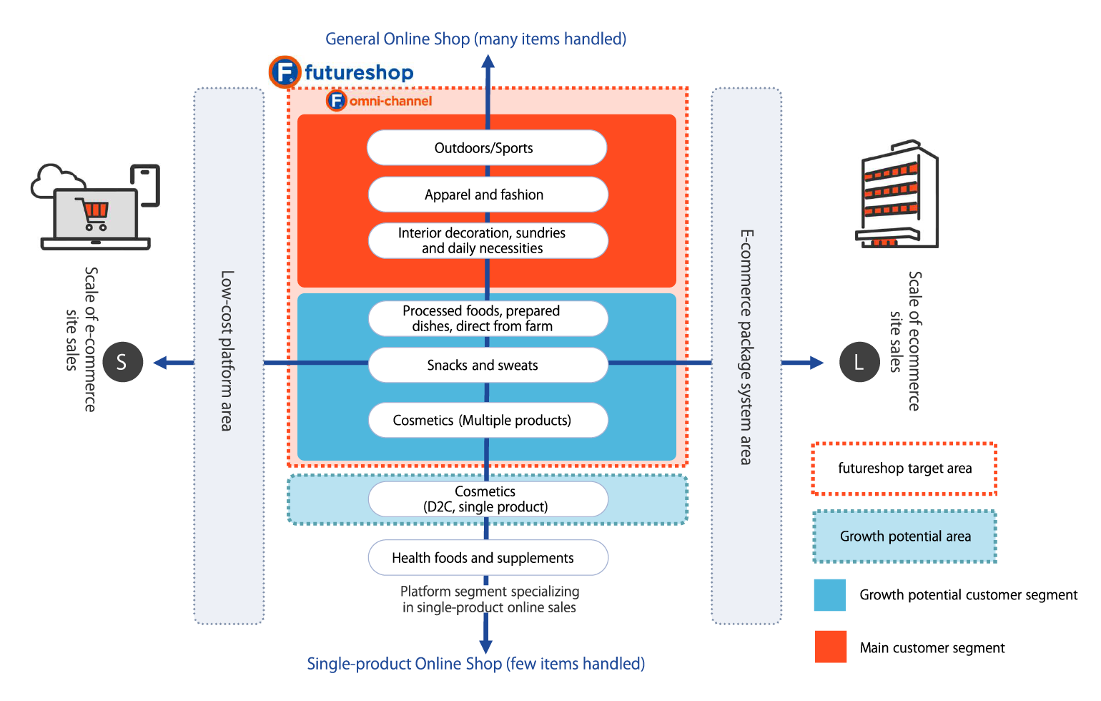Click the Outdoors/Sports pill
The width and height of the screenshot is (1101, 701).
click(487, 148)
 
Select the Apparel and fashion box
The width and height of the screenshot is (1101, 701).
click(488, 195)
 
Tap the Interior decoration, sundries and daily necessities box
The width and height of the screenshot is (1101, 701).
click(488, 241)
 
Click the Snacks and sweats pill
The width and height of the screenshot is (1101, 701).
click(488, 366)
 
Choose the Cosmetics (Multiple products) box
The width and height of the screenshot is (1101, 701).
click(488, 421)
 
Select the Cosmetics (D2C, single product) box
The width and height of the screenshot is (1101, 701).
click(488, 499)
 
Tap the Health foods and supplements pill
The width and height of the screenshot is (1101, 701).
click(488, 558)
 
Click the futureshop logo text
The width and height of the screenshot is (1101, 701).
click(358, 73)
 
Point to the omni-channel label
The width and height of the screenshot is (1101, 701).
click(390, 101)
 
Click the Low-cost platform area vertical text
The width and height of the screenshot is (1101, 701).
click(227, 350)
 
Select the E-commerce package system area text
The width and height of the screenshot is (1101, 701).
click(746, 347)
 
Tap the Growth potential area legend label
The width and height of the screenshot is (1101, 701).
click(905, 536)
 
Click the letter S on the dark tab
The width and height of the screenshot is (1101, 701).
click(122, 363)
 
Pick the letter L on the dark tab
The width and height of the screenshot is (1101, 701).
click(859, 363)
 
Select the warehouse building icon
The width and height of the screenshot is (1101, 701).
click(897, 194)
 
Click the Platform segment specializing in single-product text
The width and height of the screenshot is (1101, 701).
click(490, 599)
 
